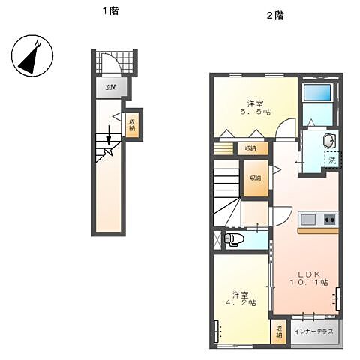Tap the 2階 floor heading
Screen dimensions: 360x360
(274, 16)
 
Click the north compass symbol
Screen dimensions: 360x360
(31, 58)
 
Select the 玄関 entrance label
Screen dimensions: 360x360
(110, 88)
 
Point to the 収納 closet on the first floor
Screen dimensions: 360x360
(132, 125)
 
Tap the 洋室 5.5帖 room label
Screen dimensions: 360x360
(255, 106)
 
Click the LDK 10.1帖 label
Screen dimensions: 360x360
(308, 277)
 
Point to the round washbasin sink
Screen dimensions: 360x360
(328, 142)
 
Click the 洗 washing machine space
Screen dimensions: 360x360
(331, 160)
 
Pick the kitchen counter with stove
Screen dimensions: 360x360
(319, 220)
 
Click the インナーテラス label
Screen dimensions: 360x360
(313, 331)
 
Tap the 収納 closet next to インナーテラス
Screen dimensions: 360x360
(279, 331)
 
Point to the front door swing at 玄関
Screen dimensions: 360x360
(110, 62)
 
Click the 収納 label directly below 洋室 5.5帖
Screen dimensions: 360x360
(250, 148)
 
